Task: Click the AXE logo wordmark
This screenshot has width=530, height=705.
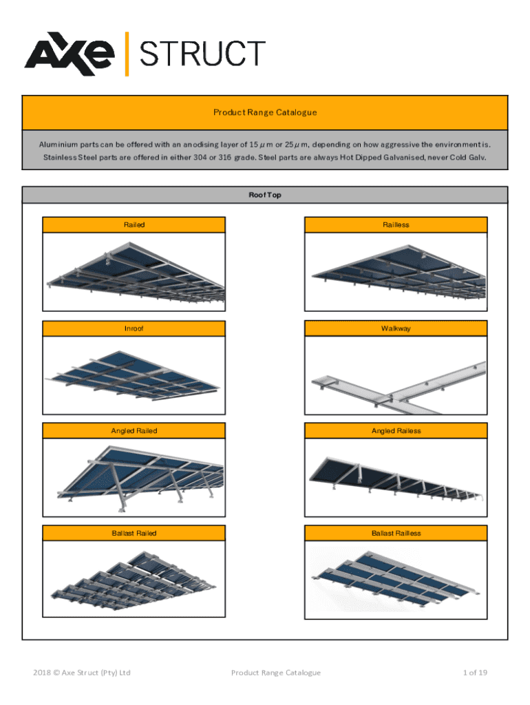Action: pos(69,54)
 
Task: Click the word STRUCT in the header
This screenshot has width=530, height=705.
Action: pos(202,54)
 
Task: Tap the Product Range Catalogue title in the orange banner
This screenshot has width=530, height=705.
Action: pos(265,112)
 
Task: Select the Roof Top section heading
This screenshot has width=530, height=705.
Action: pos(265,195)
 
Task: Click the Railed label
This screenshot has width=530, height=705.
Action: pos(134,225)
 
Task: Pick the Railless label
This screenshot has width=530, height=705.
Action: pos(396,225)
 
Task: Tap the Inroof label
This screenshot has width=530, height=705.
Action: pos(134,328)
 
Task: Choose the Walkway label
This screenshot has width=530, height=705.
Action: pos(396,328)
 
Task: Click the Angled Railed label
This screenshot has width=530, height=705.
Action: pos(134,431)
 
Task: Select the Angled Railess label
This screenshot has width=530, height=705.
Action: pos(396,431)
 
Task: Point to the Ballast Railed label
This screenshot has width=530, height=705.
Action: pos(134,533)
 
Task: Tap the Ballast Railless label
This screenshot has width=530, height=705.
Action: pos(396,533)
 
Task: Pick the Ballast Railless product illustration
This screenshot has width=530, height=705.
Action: pos(396,582)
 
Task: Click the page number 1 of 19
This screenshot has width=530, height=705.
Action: pos(475,673)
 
